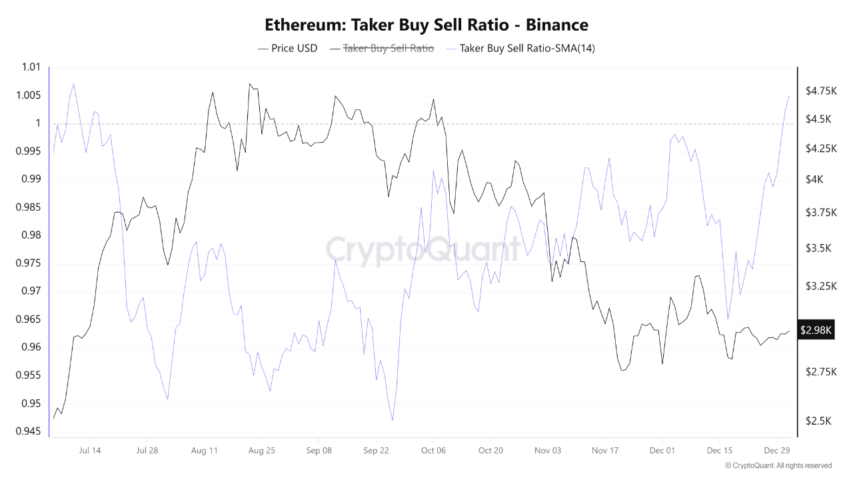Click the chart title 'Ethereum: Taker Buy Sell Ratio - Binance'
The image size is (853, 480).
[426, 25]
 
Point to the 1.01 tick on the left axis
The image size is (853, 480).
[31, 67]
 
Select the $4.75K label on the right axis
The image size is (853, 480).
[820, 91]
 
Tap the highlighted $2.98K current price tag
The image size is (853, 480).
[816, 329]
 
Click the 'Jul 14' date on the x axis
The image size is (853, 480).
[89, 450]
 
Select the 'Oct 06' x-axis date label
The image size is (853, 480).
[432, 450]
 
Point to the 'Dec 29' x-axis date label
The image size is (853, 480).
[777, 450]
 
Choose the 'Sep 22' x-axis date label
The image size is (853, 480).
[376, 450]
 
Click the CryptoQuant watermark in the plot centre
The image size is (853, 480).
[423, 251]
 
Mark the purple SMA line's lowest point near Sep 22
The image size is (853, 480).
[393, 420]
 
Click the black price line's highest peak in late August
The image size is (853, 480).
[249, 84]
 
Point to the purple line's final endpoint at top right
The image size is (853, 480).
[789, 96]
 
